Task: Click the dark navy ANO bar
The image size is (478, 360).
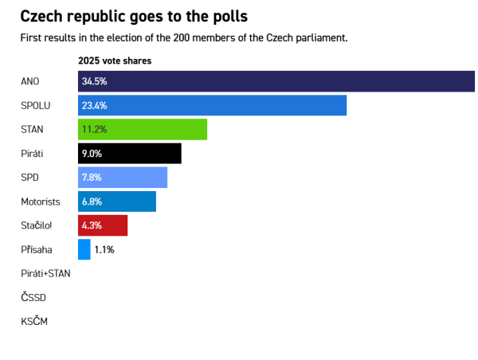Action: point(276,81)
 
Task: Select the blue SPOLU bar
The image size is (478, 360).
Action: point(212,105)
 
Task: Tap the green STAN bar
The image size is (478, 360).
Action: point(143,129)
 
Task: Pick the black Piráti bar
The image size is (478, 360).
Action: point(130,154)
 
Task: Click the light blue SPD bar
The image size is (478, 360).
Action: point(123,178)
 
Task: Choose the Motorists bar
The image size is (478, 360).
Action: point(117,202)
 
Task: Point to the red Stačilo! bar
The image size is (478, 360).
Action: point(103,225)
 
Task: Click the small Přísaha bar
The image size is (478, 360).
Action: point(84,249)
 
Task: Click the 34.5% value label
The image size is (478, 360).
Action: point(94,81)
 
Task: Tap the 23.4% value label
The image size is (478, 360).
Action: point(94,105)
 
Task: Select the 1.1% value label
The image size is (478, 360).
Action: point(104,249)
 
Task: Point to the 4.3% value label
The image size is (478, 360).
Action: point(92,225)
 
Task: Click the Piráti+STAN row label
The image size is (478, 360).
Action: point(45,273)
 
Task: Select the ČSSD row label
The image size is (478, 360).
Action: point(33,297)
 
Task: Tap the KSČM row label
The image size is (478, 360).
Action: point(33,321)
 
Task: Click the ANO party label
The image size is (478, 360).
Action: point(30,81)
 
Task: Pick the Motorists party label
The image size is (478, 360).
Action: point(41,202)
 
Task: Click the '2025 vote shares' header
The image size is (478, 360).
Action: point(115,61)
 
